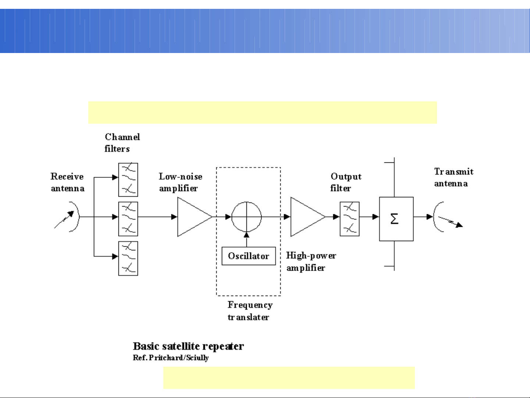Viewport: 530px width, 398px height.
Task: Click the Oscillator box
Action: click(249, 256)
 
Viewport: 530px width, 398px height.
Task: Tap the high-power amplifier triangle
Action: click(305, 217)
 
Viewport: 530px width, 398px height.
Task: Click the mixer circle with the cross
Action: click(246, 217)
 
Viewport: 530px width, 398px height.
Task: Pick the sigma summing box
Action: click(396, 219)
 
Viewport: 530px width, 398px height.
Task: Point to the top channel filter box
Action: click(128, 180)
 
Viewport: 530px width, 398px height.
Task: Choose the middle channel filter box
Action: click(128, 219)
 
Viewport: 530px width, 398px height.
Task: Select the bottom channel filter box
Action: click(128, 258)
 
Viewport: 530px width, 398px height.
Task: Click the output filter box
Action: click(349, 219)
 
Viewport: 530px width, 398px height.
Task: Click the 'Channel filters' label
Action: click(122, 143)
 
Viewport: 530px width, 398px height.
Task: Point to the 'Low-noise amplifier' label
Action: click(180, 182)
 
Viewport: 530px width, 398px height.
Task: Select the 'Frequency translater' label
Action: click(250, 311)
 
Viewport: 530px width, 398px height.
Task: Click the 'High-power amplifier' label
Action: click(311, 261)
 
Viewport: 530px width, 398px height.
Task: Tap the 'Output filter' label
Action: click(346, 182)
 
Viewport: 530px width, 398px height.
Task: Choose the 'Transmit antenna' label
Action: click(453, 177)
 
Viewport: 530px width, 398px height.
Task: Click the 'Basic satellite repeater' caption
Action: click(188, 346)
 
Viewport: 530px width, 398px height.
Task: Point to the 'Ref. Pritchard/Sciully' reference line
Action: click(171, 358)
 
